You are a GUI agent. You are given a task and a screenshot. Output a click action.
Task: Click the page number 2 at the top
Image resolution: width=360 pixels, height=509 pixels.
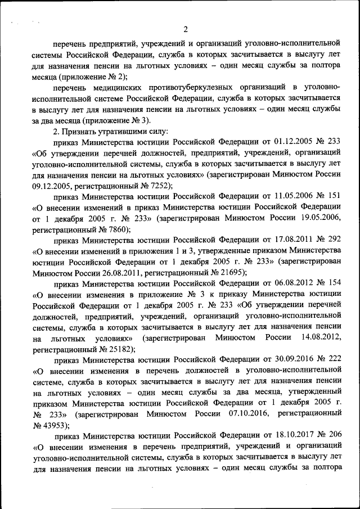185,30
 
